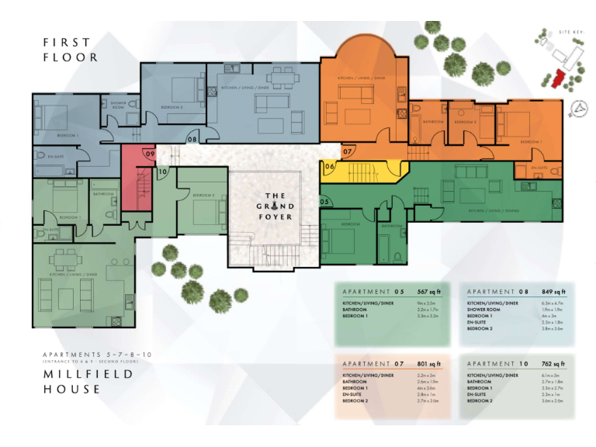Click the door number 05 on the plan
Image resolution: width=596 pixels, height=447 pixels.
(324, 202)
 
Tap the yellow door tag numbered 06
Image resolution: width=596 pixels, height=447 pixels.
(329, 166)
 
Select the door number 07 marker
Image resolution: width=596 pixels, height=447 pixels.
(348, 151)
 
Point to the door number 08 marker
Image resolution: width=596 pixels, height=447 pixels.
(192, 139)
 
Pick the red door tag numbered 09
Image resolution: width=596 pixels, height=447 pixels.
(150, 154)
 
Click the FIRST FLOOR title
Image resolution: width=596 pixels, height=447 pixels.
(71, 50)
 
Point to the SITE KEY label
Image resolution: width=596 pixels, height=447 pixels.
(570, 32)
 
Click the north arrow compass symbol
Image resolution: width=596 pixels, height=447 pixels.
(577, 109)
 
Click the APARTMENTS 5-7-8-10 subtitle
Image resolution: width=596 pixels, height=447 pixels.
(97, 355)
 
